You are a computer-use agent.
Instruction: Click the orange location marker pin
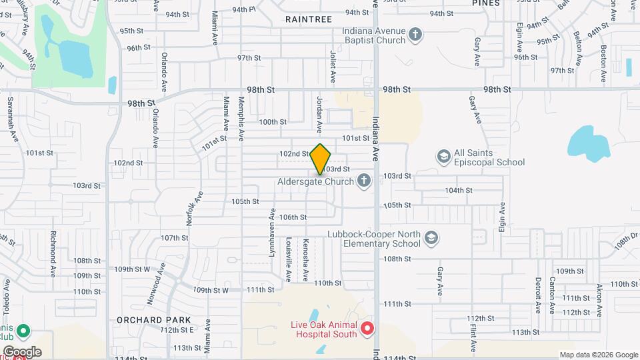tap(321, 159)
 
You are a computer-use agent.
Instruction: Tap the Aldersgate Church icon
tap(364, 180)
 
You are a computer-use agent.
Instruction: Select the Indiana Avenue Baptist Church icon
tap(415, 34)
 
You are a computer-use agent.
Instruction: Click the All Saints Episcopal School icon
tap(443, 156)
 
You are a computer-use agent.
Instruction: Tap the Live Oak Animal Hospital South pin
tap(367, 329)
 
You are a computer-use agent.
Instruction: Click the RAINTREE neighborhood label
tap(308, 19)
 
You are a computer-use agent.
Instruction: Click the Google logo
tap(21, 351)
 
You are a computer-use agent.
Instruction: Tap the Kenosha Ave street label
tap(305, 259)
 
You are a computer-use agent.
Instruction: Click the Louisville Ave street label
tap(289, 252)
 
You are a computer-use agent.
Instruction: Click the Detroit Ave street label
tap(537, 295)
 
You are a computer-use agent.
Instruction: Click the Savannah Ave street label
tap(11, 119)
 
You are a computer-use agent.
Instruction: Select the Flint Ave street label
tap(473, 335)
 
